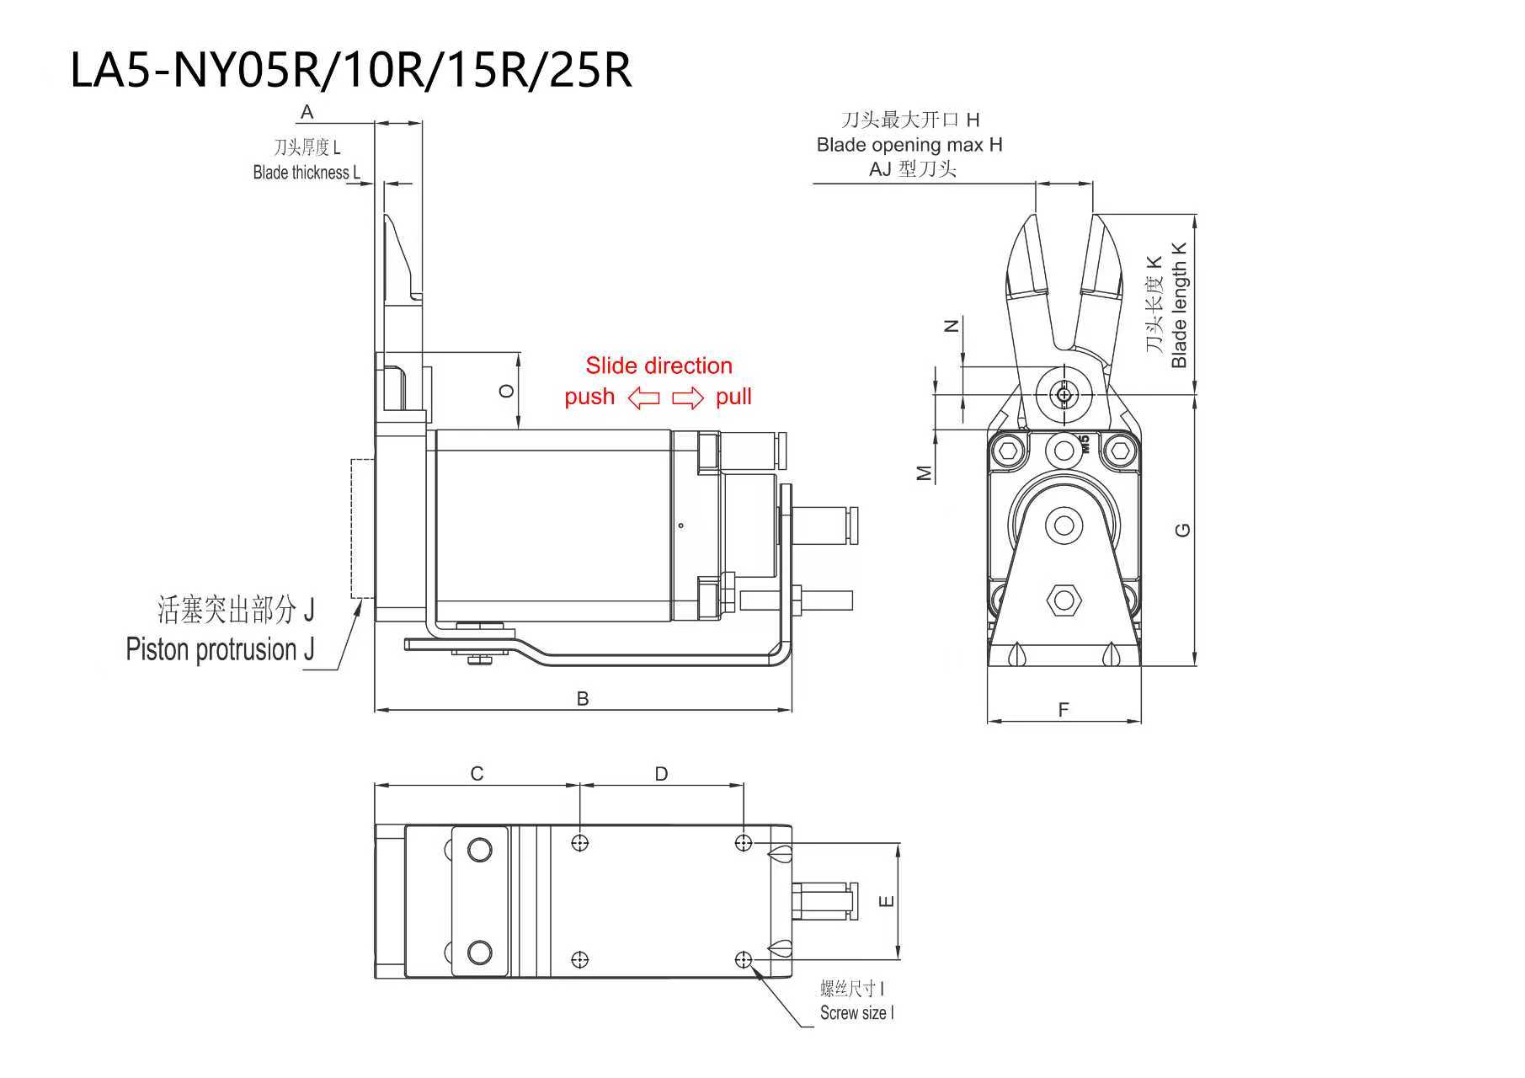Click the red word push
coord(589,398)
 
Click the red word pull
coord(733,397)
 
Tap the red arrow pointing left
coord(644,398)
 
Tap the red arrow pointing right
coord(687,398)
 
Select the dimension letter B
coord(583,698)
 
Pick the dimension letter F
coord(1064,710)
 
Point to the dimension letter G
coord(1182,530)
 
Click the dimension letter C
coord(477,773)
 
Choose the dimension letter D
coord(661,773)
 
